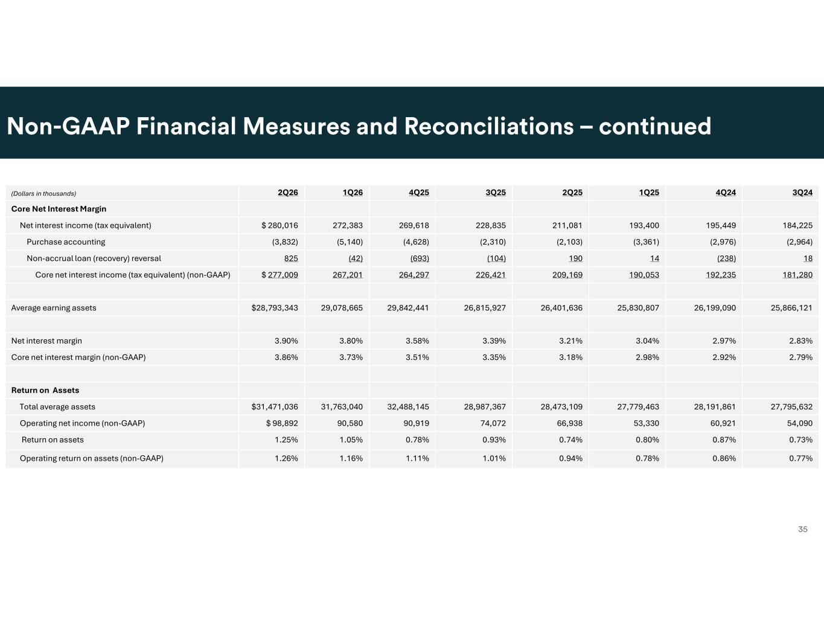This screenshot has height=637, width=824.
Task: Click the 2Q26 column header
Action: pos(288,193)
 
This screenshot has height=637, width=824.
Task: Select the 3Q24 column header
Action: pos(802,193)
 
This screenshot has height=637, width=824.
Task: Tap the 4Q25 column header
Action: pos(418,193)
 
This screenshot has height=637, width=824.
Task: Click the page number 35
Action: pos(803,530)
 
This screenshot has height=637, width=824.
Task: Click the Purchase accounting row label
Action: pos(66,242)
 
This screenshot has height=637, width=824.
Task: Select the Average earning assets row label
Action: pos(54,308)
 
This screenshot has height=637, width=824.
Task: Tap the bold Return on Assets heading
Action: pos(45,390)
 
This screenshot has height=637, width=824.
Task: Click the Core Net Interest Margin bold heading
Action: pos(59,209)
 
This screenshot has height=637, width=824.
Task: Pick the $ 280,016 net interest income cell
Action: pos(279,226)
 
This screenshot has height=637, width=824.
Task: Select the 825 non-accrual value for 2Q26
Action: pos(291,258)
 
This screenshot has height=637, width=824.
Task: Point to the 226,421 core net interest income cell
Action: pos(491,275)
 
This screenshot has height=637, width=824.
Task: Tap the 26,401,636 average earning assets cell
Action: pos(561,308)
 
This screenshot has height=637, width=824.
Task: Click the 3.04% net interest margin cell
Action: pos(647,341)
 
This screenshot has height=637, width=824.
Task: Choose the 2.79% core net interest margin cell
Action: pos(800,357)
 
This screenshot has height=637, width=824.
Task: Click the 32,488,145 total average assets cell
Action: pos(408,407)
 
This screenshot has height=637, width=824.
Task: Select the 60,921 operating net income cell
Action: pos(723,423)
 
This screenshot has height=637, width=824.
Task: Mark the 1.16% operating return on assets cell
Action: pos(351,458)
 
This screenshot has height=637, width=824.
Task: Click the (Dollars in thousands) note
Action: pos(43,194)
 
